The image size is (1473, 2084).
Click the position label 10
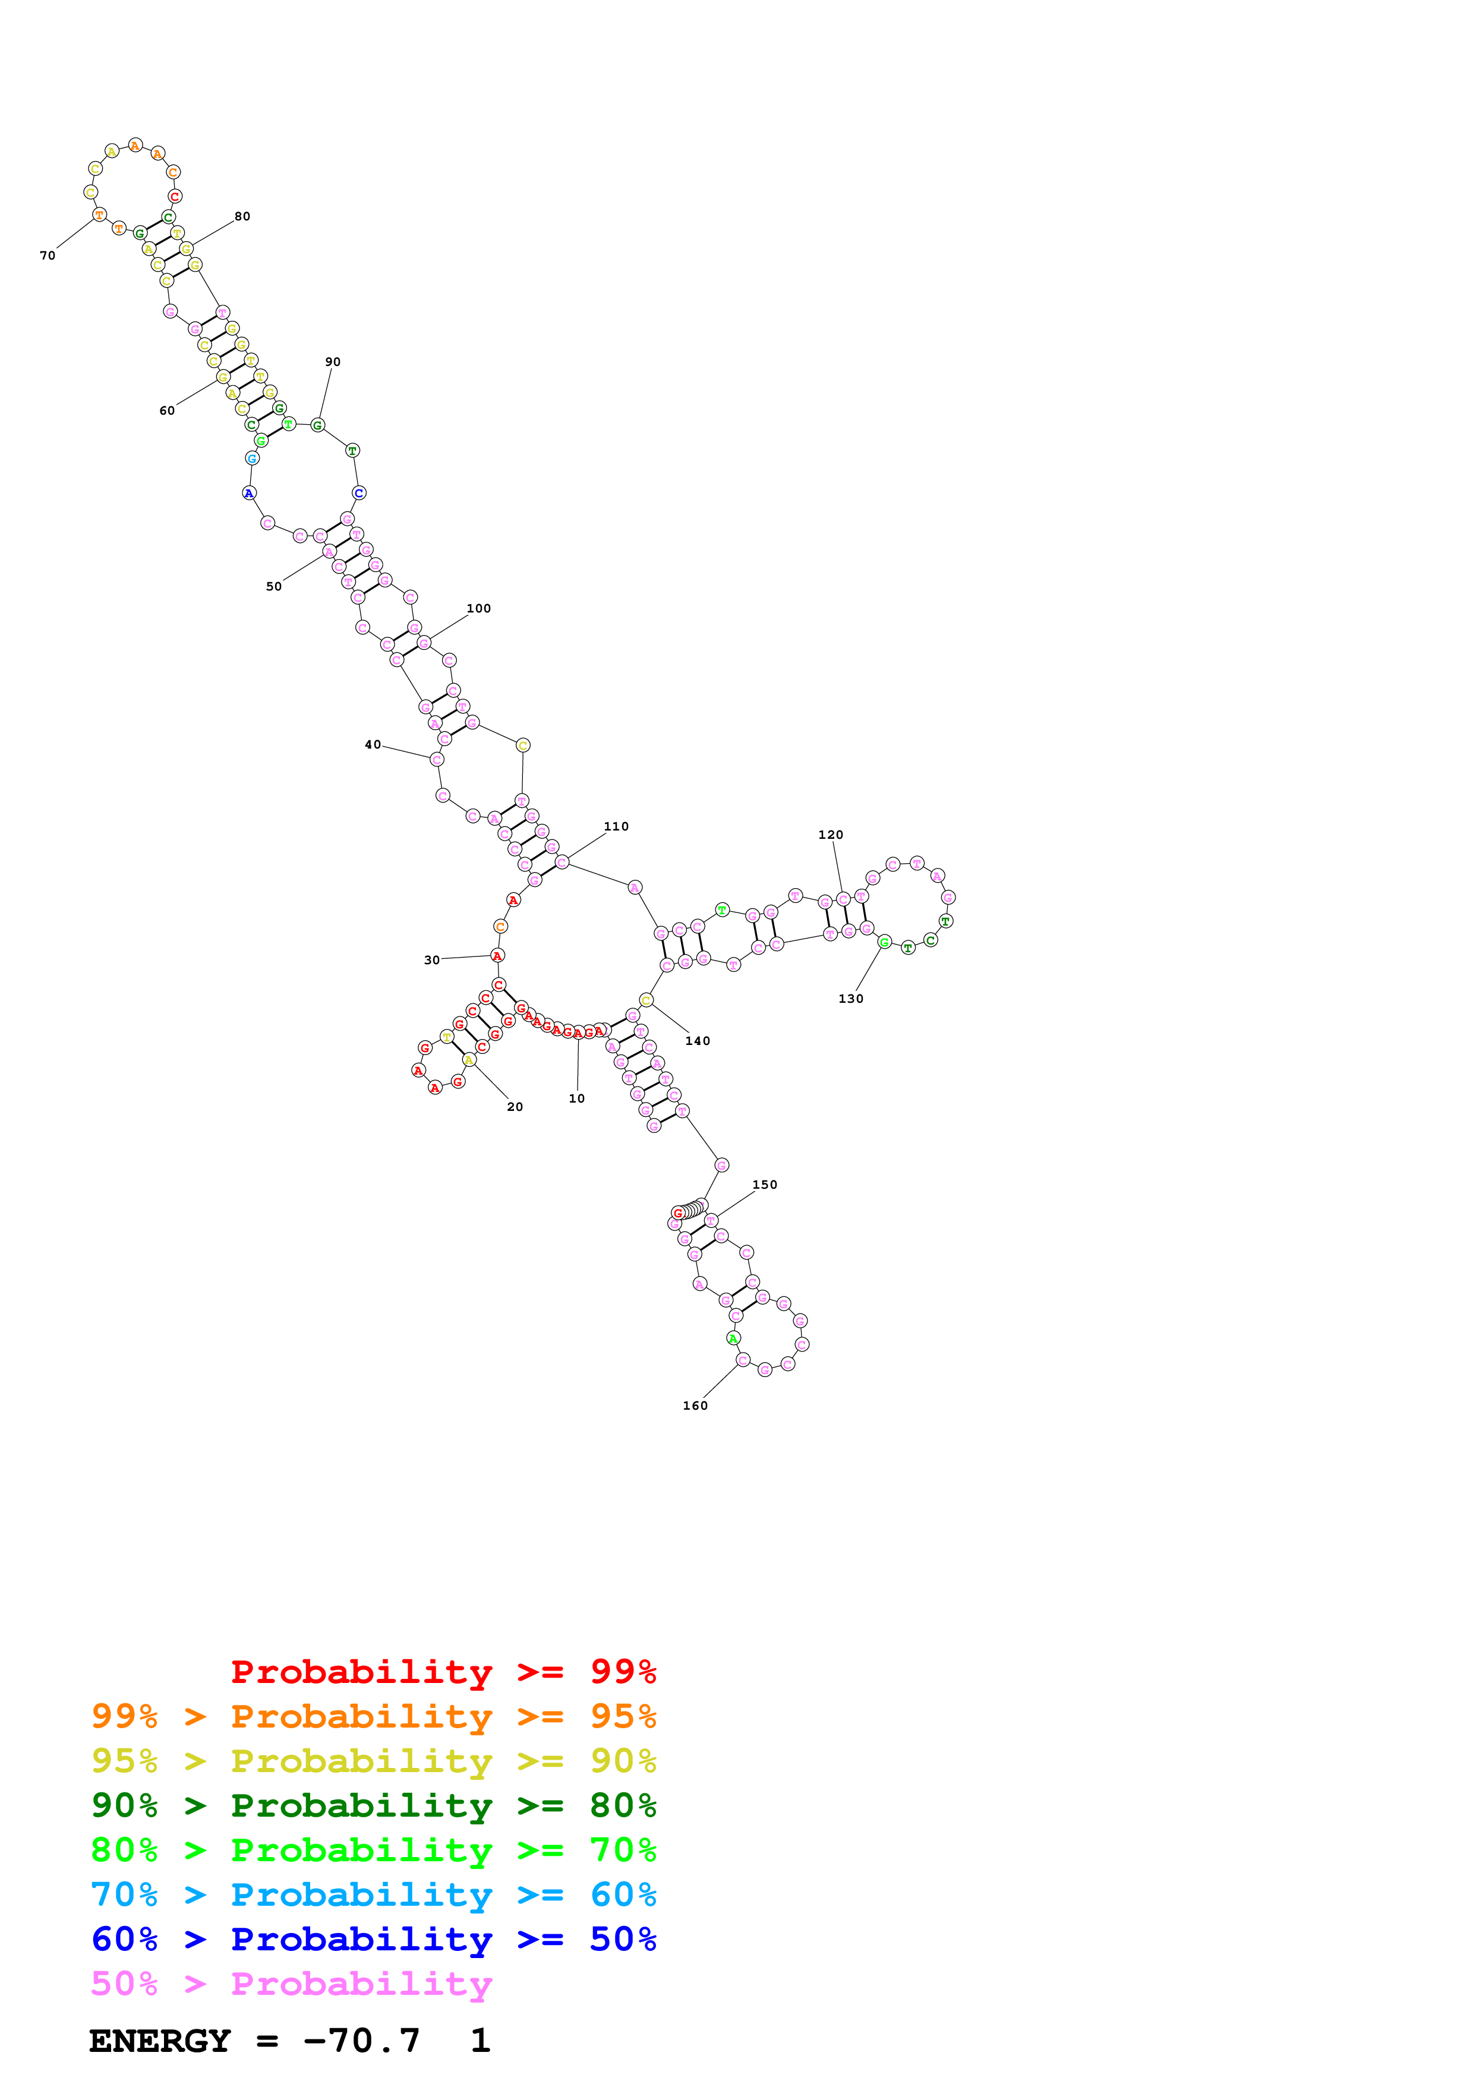[x=576, y=1098]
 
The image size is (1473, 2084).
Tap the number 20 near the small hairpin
[x=515, y=1106]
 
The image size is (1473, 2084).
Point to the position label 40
[x=372, y=744]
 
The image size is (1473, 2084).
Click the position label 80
[x=242, y=216]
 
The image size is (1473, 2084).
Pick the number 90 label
[x=333, y=361]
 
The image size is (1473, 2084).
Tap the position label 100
[x=478, y=608]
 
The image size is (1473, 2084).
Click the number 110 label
[x=616, y=826]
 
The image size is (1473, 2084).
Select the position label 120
[x=831, y=834]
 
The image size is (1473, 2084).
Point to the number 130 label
[x=850, y=999]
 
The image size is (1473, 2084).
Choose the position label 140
[x=697, y=1040]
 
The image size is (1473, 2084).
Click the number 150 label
[x=764, y=1185]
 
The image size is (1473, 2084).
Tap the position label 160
[x=695, y=1405]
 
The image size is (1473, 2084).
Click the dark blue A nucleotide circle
[x=249, y=493]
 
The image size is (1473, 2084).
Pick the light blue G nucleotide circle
[x=253, y=459]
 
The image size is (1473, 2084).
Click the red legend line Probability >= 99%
[x=443, y=1671]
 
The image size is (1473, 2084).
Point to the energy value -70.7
[x=361, y=2041]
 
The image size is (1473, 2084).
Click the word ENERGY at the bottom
[x=160, y=2041]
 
